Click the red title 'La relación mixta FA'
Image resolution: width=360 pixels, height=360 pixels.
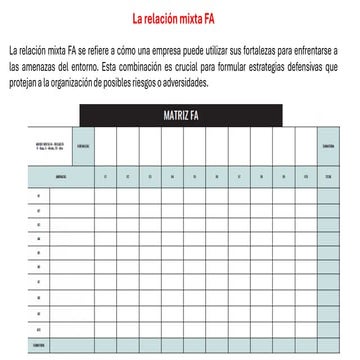coord(180,18)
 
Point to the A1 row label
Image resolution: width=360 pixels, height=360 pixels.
coord(39,197)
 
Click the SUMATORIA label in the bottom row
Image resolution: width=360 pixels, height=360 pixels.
coord(39,346)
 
